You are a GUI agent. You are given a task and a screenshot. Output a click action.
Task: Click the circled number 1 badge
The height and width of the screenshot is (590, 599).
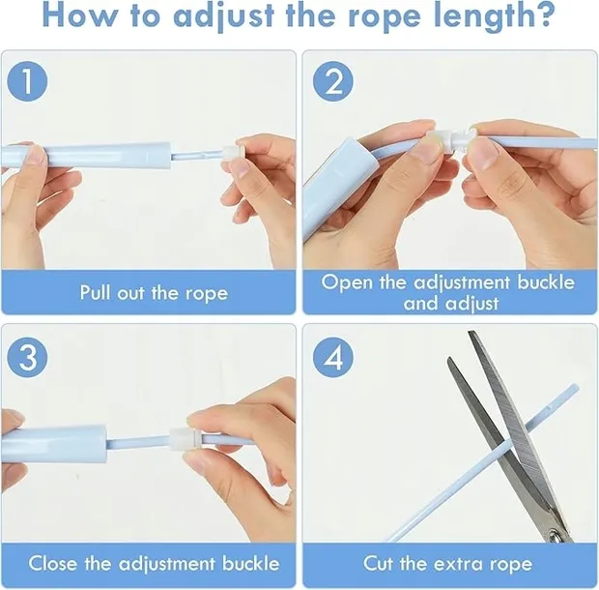click(x=27, y=81)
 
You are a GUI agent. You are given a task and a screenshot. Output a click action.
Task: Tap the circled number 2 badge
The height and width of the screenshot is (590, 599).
click(x=333, y=81)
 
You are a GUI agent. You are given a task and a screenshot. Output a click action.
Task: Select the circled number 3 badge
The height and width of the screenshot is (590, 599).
click(x=27, y=358)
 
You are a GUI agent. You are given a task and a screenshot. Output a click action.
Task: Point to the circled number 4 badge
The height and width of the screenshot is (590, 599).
click(x=333, y=358)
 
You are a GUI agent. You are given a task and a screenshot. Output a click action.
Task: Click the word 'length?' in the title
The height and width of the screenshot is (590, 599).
click(x=494, y=16)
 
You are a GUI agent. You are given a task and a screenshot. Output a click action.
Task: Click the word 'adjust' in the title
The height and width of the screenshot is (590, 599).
click(x=224, y=16)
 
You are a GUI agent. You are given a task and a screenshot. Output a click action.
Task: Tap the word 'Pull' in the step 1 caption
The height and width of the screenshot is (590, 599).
click(x=96, y=292)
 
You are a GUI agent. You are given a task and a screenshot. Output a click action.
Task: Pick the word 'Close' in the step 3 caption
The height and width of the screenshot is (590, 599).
click(x=53, y=563)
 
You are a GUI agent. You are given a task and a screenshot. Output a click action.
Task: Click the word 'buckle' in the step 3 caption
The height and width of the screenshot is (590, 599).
click(x=250, y=563)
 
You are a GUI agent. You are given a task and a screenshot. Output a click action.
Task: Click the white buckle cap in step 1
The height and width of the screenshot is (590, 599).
click(x=231, y=154)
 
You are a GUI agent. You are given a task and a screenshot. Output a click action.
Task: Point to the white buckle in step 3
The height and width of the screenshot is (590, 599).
click(x=184, y=439)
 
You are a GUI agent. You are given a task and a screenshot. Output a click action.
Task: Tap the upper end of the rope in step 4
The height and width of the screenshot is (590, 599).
click(x=576, y=387)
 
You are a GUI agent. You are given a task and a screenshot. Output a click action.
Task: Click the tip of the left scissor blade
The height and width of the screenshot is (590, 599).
click(x=449, y=358)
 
